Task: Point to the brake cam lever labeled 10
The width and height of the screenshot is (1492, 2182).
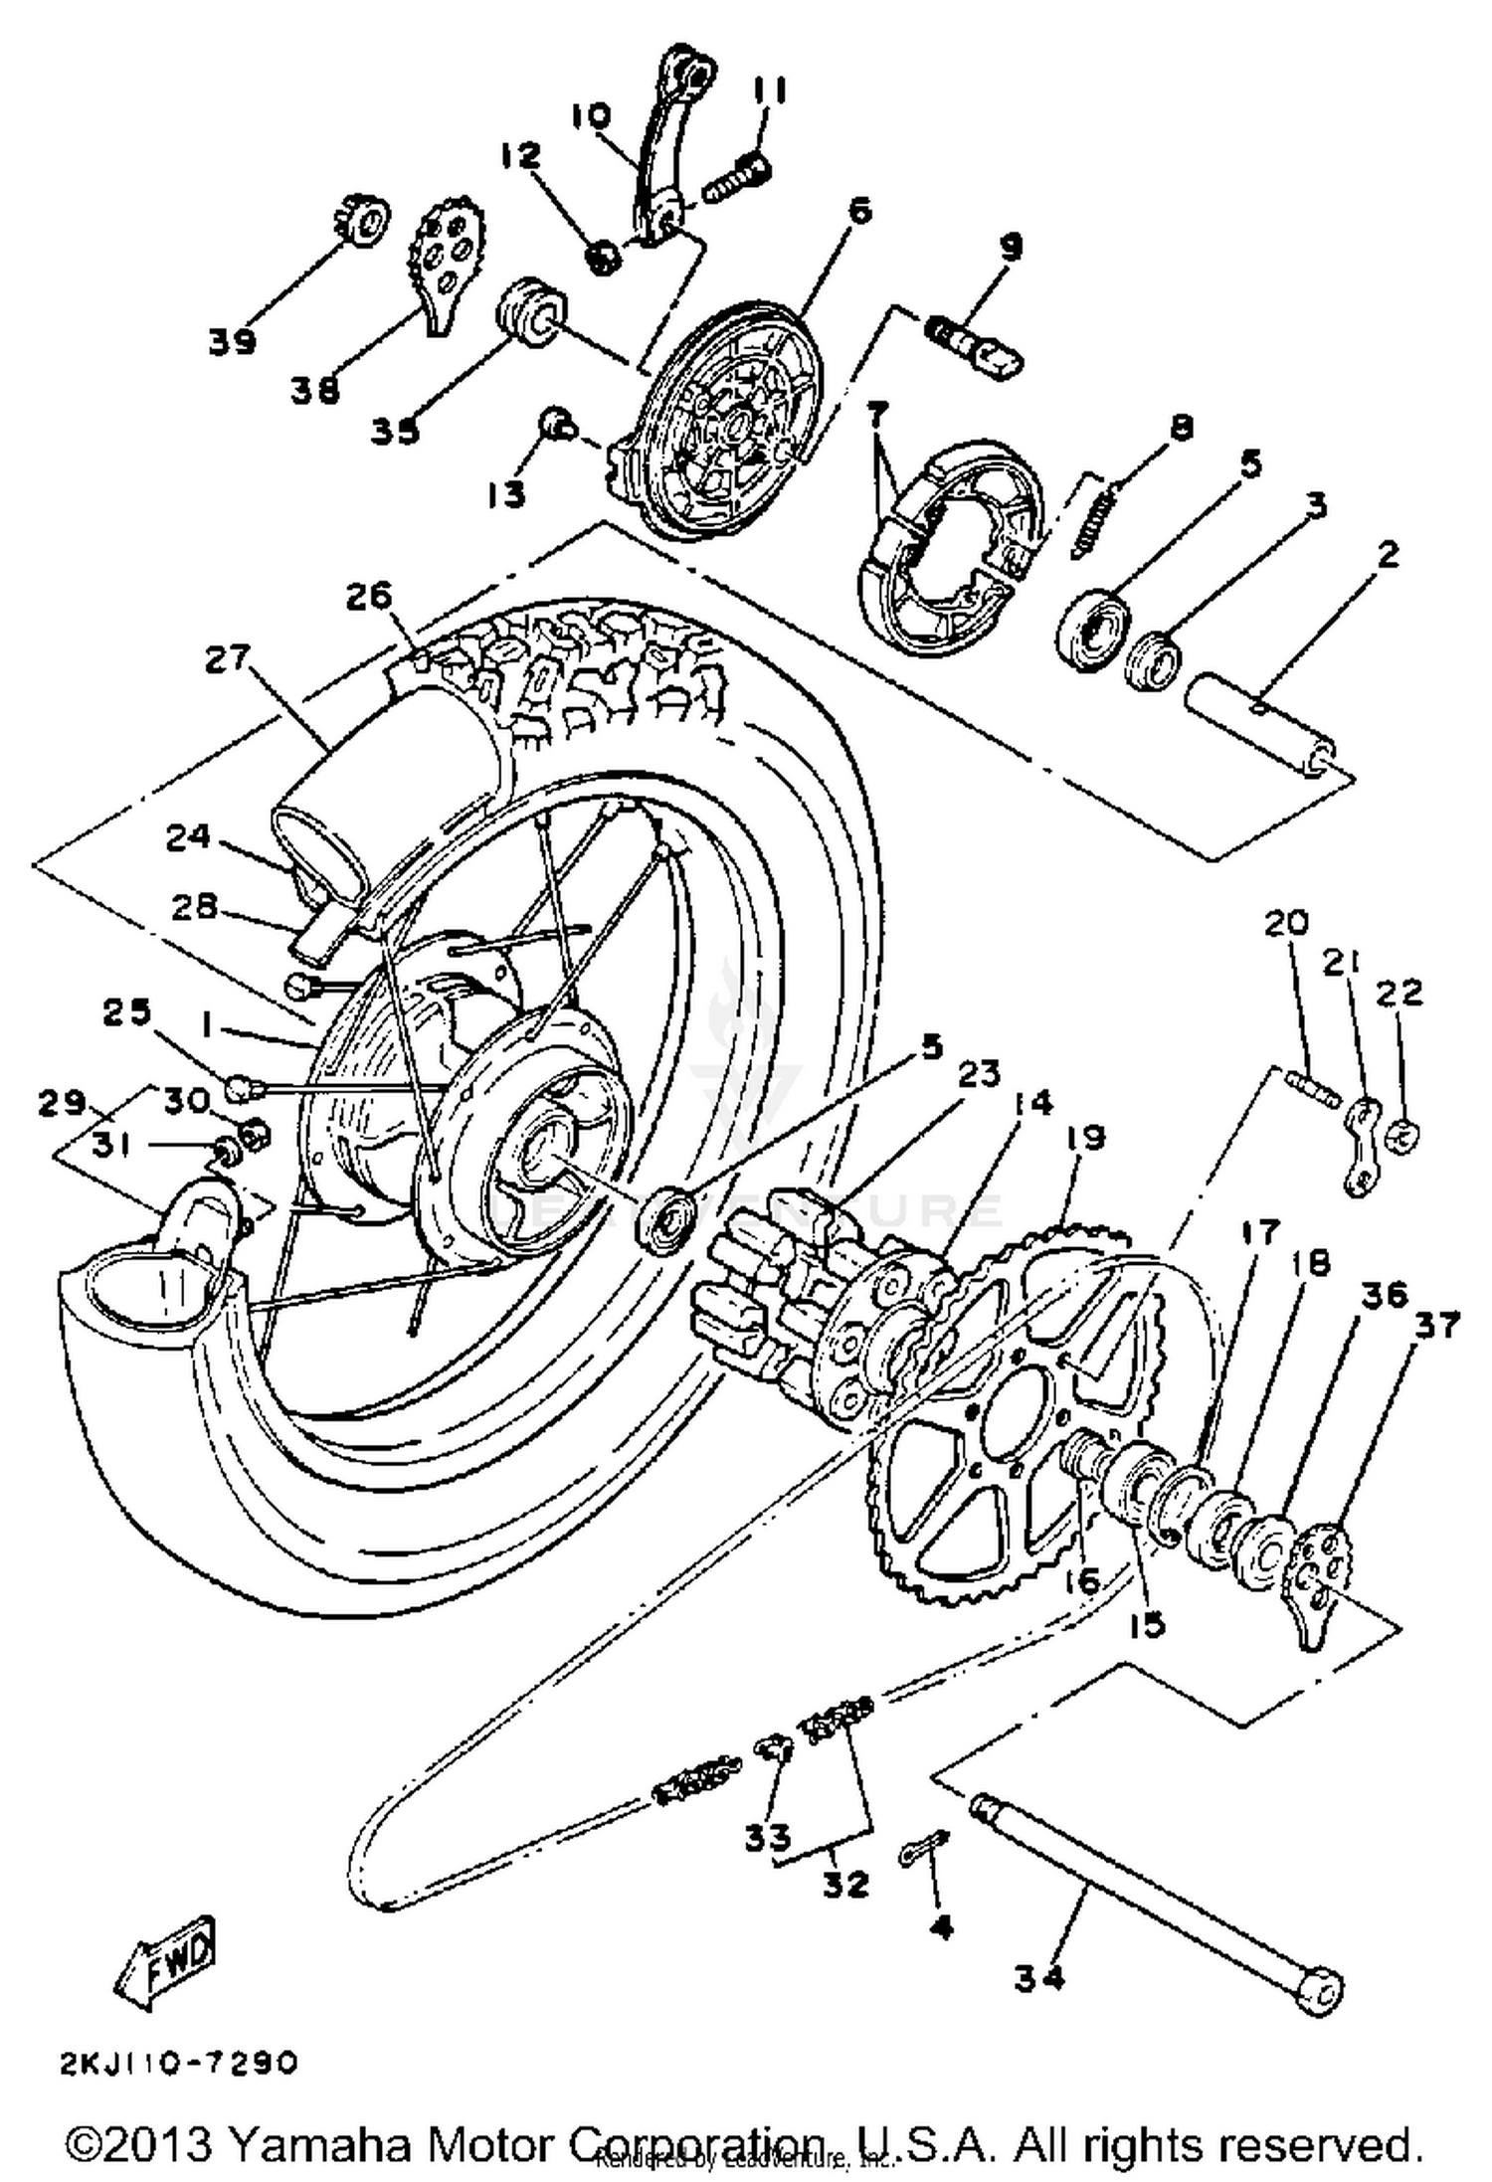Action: coord(656,149)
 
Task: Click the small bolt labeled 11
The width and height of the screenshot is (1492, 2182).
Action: coord(736,179)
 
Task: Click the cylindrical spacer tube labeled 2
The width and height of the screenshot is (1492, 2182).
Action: coord(1258,731)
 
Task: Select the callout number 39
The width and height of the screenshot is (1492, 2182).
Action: coord(232,341)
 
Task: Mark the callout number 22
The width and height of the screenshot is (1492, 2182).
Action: coord(1401,993)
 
